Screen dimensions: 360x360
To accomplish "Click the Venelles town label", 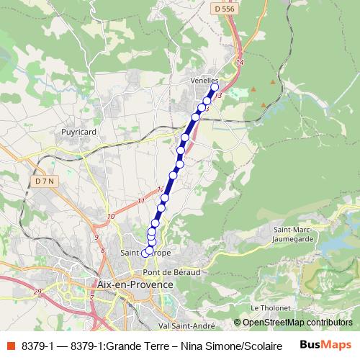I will click(x=204, y=81).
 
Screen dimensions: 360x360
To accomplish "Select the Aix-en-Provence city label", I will click(x=135, y=284).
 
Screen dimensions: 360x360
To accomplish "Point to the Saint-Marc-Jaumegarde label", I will click(x=291, y=234).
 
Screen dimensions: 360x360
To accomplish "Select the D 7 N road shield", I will click(x=45, y=181).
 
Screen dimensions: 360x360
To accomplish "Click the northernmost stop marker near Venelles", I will click(x=214, y=87).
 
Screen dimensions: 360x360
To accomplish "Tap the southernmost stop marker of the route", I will click(x=145, y=253).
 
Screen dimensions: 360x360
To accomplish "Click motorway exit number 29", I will click(x=37, y=291).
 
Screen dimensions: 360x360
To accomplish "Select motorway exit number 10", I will click(x=110, y=216).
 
